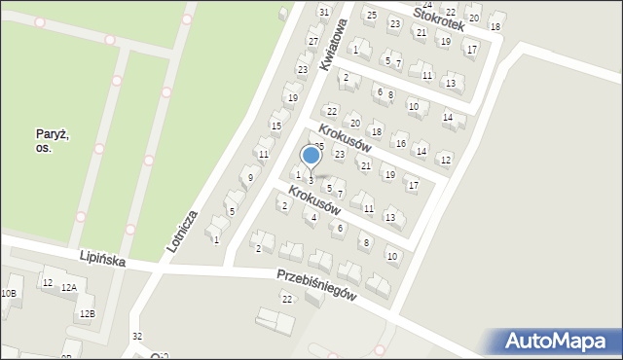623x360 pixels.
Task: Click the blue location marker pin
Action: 311,156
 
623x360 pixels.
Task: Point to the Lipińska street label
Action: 104,256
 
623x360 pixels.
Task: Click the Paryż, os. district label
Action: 53,141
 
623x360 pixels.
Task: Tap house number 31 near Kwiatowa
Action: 324,11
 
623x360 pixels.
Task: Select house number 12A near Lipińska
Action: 68,288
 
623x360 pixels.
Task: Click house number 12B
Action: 87,313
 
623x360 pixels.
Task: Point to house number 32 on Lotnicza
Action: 137,336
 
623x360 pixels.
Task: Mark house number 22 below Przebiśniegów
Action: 286,299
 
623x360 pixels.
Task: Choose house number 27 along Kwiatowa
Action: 312,42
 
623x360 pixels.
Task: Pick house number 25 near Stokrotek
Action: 371,15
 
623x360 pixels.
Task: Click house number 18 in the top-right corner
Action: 495,26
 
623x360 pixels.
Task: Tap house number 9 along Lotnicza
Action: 250,177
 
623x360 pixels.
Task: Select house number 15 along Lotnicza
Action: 276,126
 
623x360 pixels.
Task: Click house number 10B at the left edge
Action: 8,293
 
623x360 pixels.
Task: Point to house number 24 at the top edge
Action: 426,5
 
